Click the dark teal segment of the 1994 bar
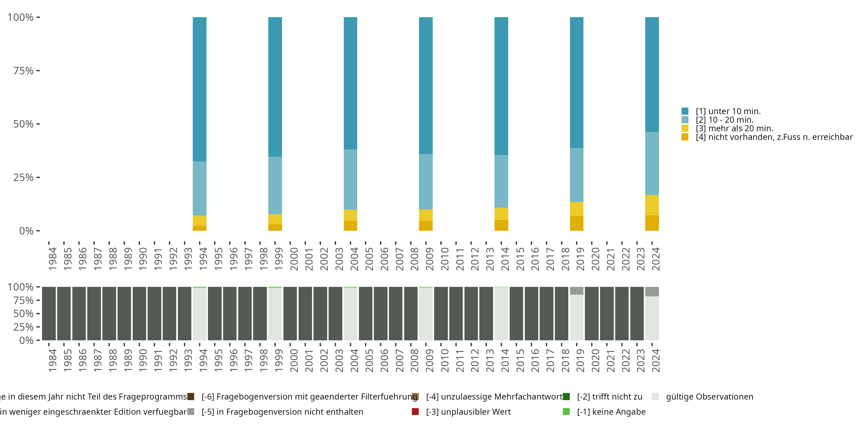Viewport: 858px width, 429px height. point(200,89)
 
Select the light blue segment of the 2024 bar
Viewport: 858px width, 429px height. point(652,163)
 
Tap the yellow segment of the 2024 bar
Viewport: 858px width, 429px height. point(652,205)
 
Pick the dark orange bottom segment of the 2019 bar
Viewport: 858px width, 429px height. point(577,223)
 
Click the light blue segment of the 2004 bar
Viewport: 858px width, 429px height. point(350,179)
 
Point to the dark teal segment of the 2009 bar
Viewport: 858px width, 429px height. point(426,85)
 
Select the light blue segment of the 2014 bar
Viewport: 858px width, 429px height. point(501,181)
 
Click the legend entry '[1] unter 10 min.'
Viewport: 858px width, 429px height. point(728,111)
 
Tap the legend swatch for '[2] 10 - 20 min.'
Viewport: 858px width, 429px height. point(685,120)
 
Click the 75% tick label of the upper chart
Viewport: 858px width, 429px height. point(23,71)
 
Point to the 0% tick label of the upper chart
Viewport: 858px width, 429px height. point(26,231)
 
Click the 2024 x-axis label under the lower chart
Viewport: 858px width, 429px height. point(656,360)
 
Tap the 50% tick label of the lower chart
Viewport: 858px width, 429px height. point(23,314)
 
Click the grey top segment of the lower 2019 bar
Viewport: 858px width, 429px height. point(577,291)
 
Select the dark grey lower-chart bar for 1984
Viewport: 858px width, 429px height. point(49,313)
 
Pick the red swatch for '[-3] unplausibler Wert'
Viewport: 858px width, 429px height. point(415,412)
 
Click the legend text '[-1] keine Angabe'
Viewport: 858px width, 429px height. point(611,412)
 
